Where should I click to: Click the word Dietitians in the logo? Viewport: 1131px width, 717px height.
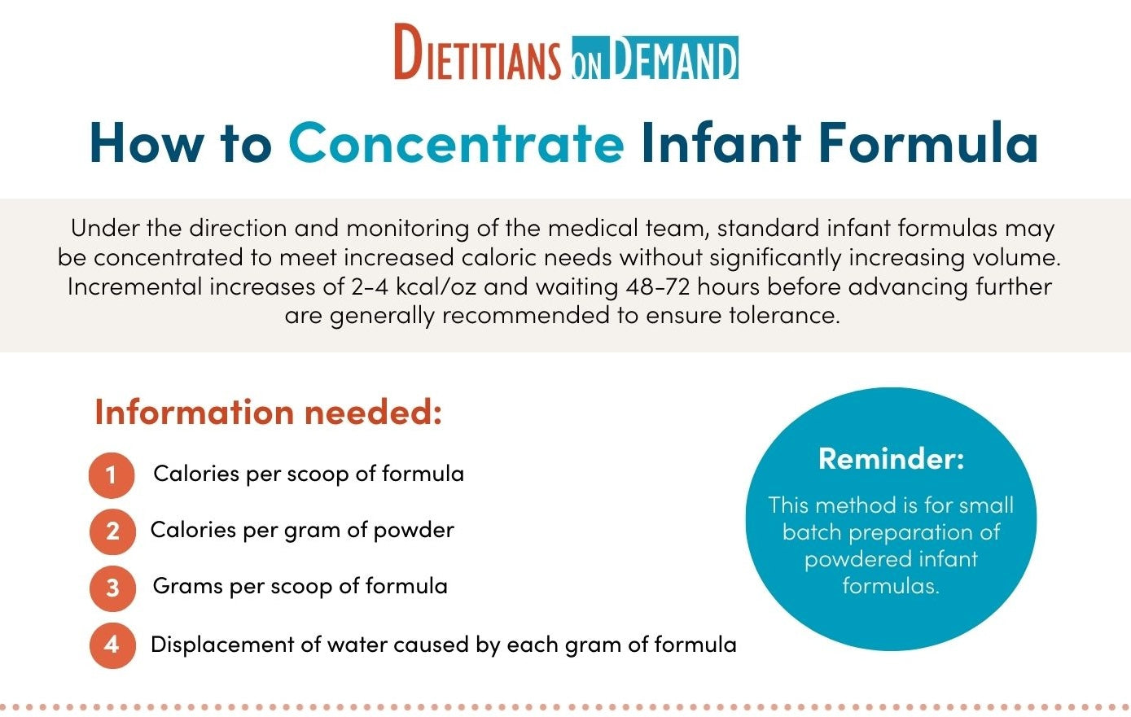click(478, 51)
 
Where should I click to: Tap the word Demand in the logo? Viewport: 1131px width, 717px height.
click(675, 58)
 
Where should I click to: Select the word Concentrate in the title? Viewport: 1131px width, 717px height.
click(457, 143)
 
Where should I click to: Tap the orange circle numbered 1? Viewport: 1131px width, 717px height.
click(112, 475)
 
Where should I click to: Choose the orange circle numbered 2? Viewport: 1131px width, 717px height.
click(112, 531)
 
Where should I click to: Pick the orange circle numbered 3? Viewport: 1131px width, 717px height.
click(112, 588)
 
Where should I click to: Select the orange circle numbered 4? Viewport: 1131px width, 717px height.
click(112, 645)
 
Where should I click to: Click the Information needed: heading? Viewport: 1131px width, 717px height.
click(269, 413)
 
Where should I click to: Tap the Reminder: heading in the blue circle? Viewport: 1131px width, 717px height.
click(891, 459)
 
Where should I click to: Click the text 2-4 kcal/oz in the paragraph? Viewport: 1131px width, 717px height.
click(414, 286)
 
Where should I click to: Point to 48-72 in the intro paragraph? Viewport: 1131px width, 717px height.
click(658, 286)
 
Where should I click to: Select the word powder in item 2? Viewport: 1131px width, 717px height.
click(414, 531)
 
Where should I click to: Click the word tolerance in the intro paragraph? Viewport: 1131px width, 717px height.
click(784, 316)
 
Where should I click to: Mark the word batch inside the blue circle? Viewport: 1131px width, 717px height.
click(813, 532)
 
